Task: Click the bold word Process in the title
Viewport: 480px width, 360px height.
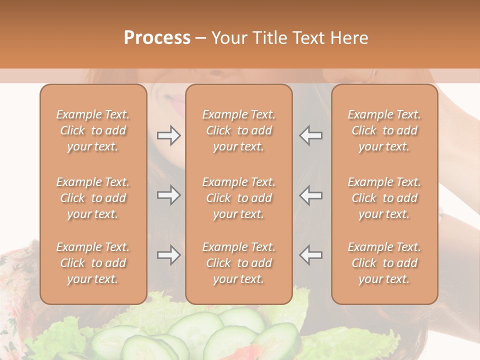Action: pyautogui.click(x=157, y=38)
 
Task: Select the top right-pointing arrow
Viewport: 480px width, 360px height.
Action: pyautogui.click(x=168, y=135)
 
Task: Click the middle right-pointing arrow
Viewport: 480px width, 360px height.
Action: pyautogui.click(x=168, y=195)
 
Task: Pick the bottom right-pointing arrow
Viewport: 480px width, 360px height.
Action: pyautogui.click(x=168, y=255)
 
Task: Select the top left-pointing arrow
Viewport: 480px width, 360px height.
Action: pyautogui.click(x=311, y=135)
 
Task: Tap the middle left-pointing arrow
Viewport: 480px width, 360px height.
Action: pyautogui.click(x=311, y=195)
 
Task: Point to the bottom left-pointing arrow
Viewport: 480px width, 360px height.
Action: pyautogui.click(x=311, y=255)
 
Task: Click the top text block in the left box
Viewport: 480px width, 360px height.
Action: pyautogui.click(x=93, y=130)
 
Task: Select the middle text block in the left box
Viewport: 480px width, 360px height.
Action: pyautogui.click(x=93, y=198)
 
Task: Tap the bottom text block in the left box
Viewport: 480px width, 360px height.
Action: pyautogui.click(x=93, y=263)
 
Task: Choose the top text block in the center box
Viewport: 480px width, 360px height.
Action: pyautogui.click(x=238, y=130)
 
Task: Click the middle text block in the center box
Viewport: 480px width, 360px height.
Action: pyautogui.click(x=238, y=198)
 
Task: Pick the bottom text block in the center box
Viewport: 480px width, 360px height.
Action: pyautogui.click(x=238, y=263)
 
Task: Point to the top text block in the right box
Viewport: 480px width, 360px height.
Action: pyautogui.click(x=384, y=130)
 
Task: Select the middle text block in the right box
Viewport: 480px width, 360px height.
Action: pyautogui.click(x=384, y=198)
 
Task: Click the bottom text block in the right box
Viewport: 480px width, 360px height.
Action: pyautogui.click(x=384, y=263)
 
